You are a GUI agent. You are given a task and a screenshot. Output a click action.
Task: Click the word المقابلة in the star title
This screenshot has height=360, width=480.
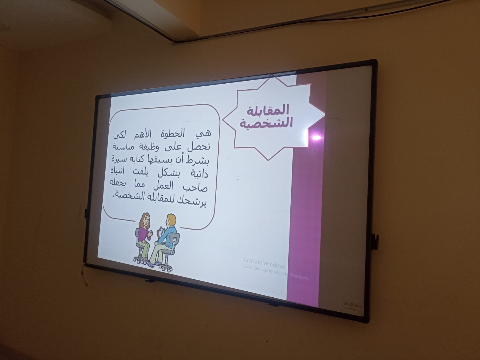click(x=268, y=110)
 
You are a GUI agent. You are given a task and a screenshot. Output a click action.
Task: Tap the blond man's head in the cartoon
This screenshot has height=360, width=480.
click(x=171, y=221)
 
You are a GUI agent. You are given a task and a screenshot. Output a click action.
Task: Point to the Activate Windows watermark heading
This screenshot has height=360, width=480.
click(x=265, y=263)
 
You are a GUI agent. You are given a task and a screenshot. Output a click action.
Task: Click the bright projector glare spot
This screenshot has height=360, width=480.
click(x=316, y=137)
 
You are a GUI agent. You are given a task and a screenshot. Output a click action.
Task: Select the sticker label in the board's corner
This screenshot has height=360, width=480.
click(x=352, y=306)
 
